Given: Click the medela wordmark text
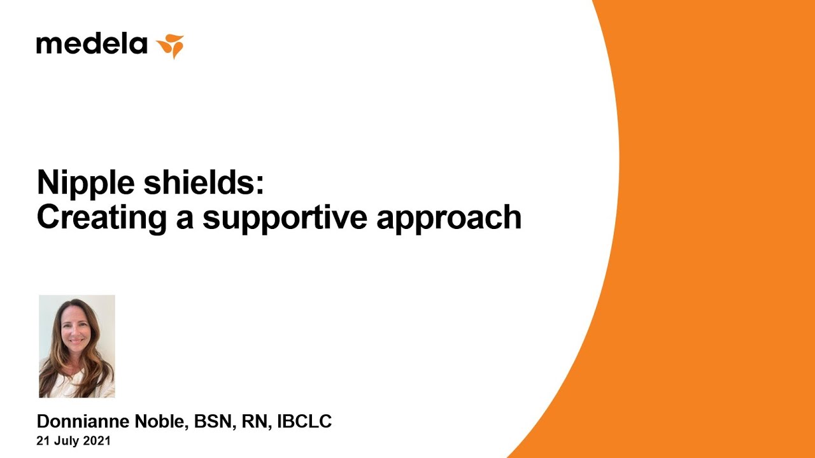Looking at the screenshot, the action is tap(92, 44).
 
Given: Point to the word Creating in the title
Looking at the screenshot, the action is tap(102, 218).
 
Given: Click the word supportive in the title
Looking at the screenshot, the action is tap(285, 218).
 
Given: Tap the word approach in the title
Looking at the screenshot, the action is tap(449, 218).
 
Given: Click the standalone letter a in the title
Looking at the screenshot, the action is tap(185, 221).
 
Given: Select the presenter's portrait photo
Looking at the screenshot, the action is tap(77, 346).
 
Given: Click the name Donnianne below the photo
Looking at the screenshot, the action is tap(83, 422).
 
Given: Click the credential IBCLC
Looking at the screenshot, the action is tap(304, 422).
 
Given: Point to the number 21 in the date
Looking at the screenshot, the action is tap(42, 441).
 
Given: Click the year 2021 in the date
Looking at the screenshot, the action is tap(97, 441).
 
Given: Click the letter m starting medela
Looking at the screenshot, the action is tap(46, 46).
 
